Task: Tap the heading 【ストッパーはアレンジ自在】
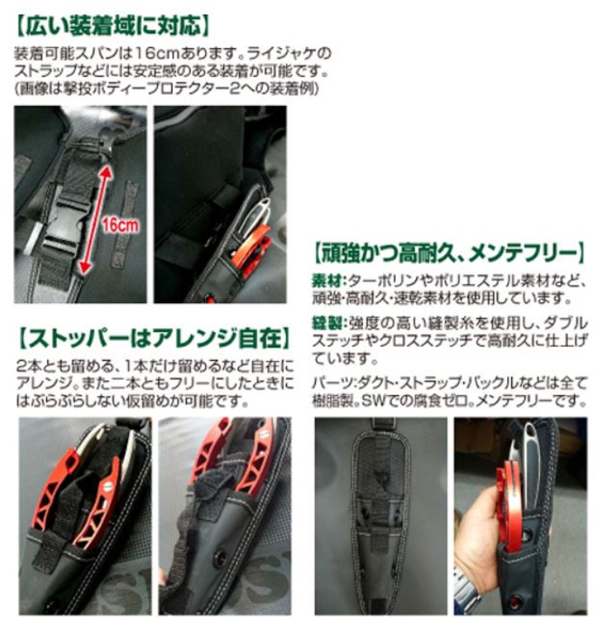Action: click(154, 338)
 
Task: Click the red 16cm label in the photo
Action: click(120, 226)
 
